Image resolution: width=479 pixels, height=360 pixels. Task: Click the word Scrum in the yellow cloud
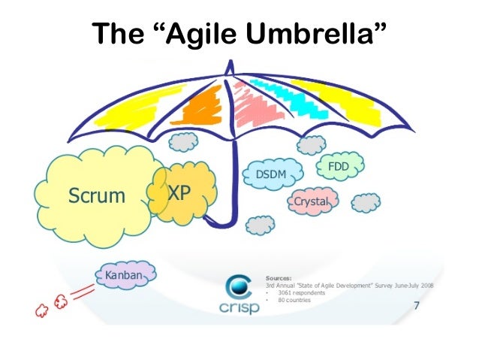point(96,196)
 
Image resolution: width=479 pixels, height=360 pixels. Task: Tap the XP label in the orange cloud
point(179,193)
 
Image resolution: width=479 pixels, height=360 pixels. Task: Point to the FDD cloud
point(339,165)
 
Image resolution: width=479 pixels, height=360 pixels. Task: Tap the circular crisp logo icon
point(239,286)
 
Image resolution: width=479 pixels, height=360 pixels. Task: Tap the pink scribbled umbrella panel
point(259,105)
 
